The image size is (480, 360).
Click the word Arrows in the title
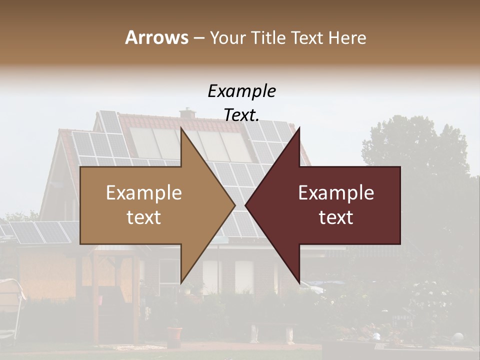(x=156, y=37)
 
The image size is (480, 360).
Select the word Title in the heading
(x=271, y=37)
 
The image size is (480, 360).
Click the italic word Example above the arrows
(x=241, y=91)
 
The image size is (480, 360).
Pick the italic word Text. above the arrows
(x=241, y=115)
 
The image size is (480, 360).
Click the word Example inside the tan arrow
(x=144, y=192)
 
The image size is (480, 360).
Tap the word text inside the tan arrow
(x=144, y=217)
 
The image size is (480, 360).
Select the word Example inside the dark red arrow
(x=336, y=192)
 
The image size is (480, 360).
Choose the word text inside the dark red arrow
(x=336, y=217)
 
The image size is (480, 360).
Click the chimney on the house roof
(x=188, y=113)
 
